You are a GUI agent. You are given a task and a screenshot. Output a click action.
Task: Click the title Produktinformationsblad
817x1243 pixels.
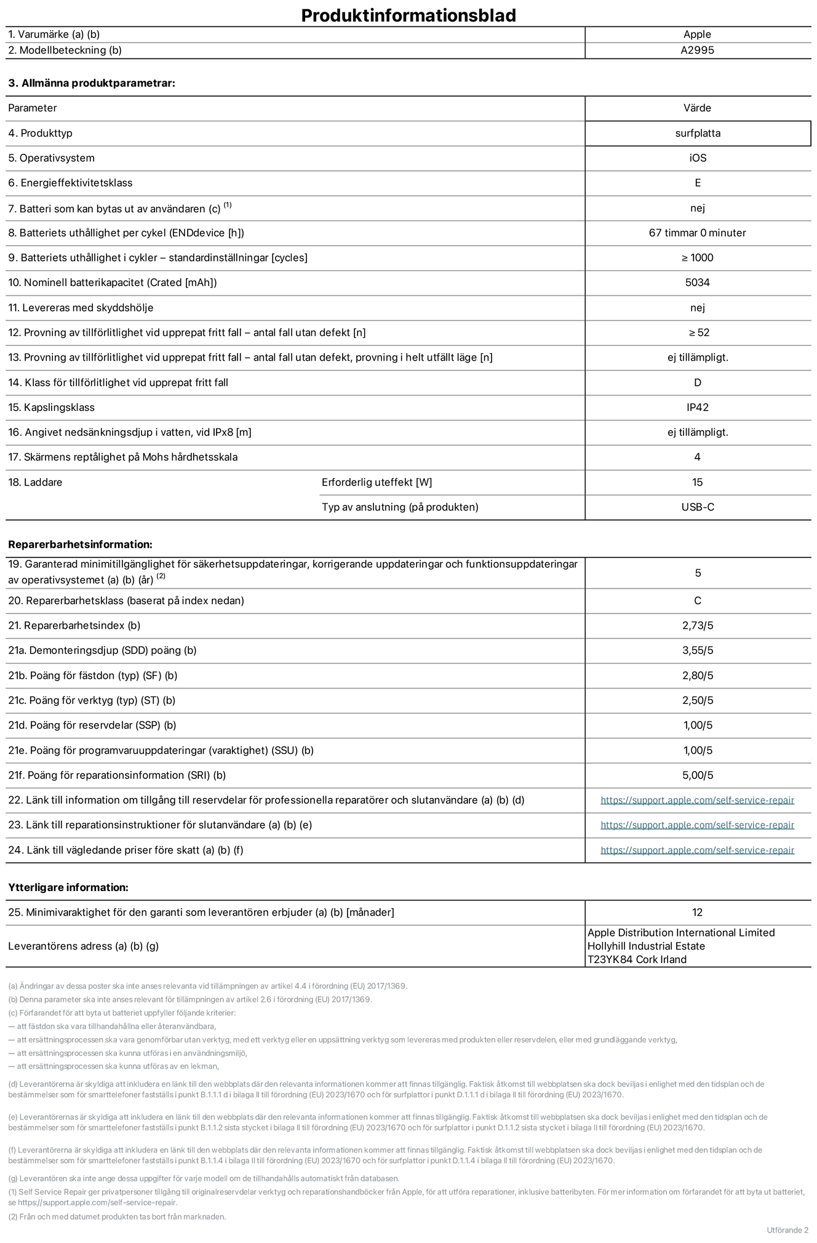pyautogui.click(x=408, y=15)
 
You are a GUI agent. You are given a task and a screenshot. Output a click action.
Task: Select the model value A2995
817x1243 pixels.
pyautogui.click(x=697, y=50)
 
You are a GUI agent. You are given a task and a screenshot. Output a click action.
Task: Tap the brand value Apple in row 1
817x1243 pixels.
pyautogui.click(x=697, y=34)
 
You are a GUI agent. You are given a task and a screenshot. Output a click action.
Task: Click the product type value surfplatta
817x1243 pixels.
pyautogui.click(x=697, y=133)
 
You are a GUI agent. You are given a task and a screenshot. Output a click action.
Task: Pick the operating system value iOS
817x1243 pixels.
pyautogui.click(x=697, y=158)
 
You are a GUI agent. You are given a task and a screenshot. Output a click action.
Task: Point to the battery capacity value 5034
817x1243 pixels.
pyautogui.click(x=697, y=282)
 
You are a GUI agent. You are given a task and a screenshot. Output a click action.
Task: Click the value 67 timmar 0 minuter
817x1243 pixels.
pyautogui.click(x=697, y=233)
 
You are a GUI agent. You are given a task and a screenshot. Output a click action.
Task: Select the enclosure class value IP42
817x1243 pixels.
pyautogui.click(x=697, y=407)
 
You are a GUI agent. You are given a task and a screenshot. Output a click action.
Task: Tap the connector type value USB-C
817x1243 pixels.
pyautogui.click(x=697, y=507)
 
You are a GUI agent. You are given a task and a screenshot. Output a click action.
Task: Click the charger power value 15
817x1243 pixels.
pyautogui.click(x=697, y=482)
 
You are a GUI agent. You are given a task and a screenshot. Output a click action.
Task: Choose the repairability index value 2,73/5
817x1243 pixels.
pyautogui.click(x=697, y=626)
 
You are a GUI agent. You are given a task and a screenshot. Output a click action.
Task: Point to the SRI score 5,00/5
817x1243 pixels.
pyautogui.click(x=697, y=775)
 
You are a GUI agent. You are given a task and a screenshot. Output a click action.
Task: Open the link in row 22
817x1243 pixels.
pyautogui.click(x=697, y=800)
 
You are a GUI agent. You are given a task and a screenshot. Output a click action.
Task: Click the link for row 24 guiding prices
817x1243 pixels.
pyautogui.click(x=697, y=850)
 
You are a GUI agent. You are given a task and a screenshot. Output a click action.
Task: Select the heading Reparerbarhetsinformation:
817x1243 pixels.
pyautogui.click(x=80, y=545)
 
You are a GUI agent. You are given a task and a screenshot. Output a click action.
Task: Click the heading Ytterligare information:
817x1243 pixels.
pyautogui.click(x=68, y=887)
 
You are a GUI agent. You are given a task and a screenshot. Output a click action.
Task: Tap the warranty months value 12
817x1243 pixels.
pyautogui.click(x=697, y=913)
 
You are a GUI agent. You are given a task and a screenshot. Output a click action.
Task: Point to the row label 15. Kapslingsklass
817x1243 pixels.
pyautogui.click(x=52, y=407)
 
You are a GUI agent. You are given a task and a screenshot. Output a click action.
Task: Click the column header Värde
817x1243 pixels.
pyautogui.click(x=697, y=108)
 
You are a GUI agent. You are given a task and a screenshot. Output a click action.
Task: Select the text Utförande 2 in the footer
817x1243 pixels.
pyautogui.click(x=787, y=1230)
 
